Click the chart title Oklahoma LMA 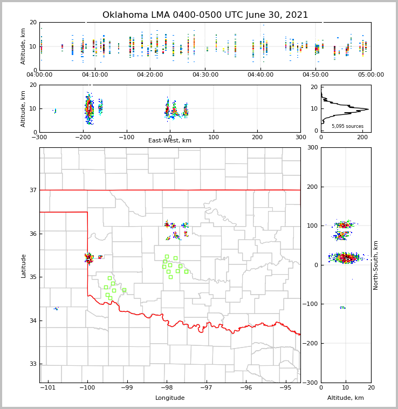pos(205,15)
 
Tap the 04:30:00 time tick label pos(205,75)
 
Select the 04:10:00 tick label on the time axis pos(95,75)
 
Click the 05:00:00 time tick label pos(370,75)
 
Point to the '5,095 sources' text pos(347,126)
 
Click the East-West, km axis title pos(170,141)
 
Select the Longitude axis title pos(170,398)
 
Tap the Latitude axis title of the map pos(24,265)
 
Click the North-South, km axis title pos(376,265)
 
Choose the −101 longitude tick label pos(48,388)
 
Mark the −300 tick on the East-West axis pos(39,137)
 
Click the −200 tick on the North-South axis pos(313,344)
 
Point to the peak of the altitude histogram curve pos(368,109)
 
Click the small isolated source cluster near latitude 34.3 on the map pos(56,309)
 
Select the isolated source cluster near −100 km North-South pos(342,308)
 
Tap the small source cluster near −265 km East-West pos(54,111)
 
